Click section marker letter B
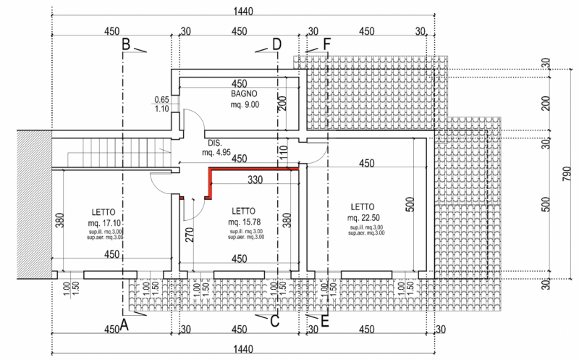(125, 44)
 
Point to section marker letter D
(276, 45)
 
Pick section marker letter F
(327, 45)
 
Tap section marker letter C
(274, 322)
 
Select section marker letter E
(325, 322)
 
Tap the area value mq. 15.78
(244, 222)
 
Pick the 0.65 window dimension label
(161, 99)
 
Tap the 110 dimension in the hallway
(284, 152)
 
